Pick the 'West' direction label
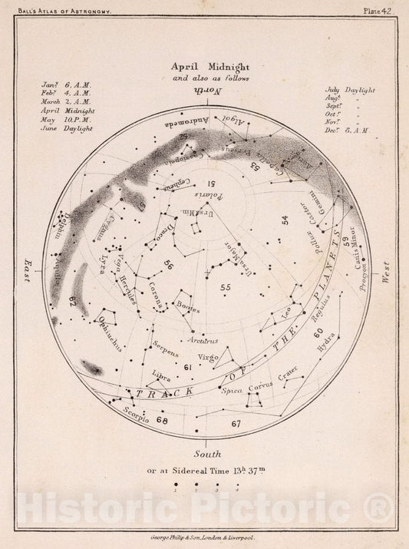pyautogui.click(x=385, y=273)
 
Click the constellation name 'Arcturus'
pyautogui.click(x=203, y=339)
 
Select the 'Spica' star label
pyautogui.click(x=231, y=391)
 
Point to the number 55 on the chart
pyautogui.click(x=225, y=288)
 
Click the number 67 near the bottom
pyautogui.click(x=236, y=423)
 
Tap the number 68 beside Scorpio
pyautogui.click(x=161, y=419)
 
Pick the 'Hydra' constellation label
pyautogui.click(x=325, y=347)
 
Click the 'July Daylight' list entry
pyautogui.click(x=349, y=91)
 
